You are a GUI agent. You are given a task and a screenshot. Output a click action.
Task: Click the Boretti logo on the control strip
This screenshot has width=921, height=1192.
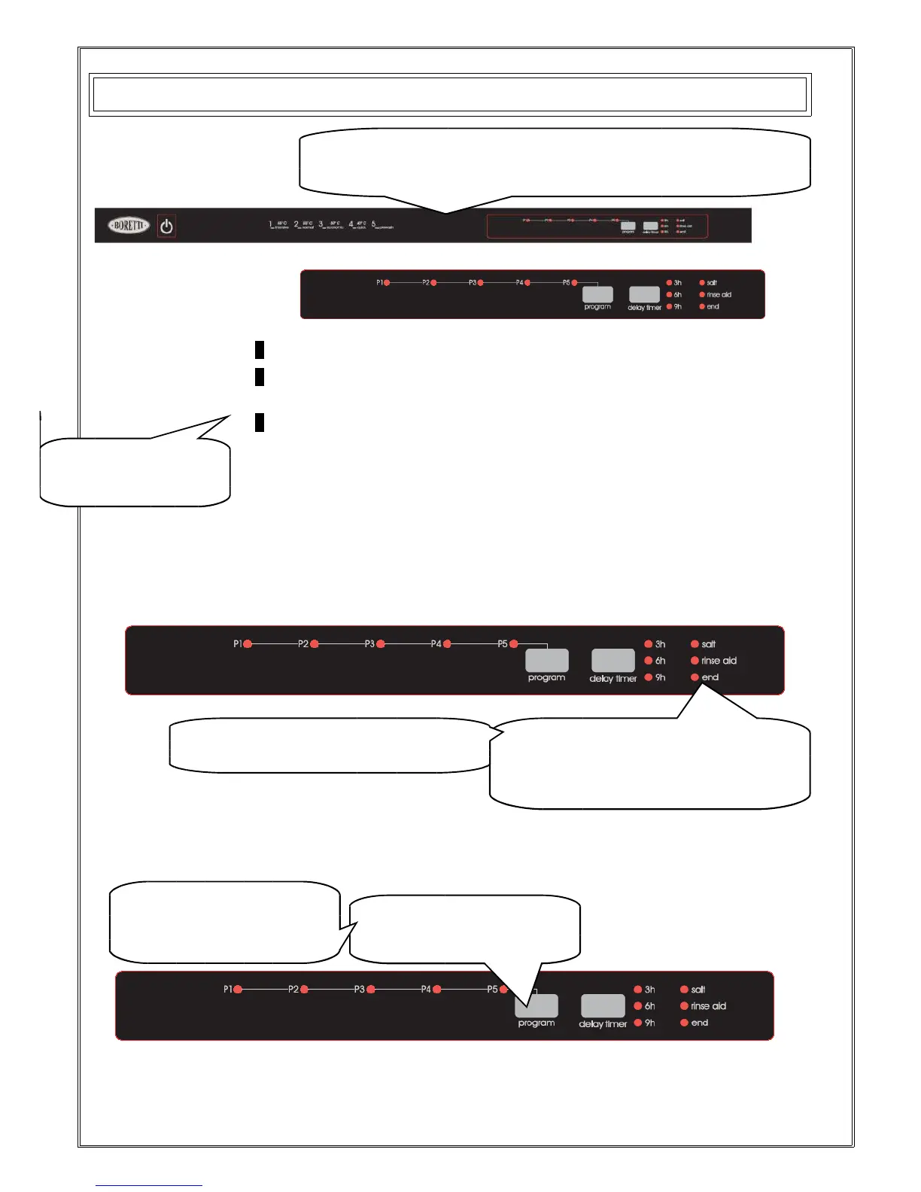point(129,225)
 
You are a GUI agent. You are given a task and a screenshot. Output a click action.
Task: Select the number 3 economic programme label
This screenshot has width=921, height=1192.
point(330,225)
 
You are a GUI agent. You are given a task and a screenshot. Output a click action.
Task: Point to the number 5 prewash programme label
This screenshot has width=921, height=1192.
point(382,225)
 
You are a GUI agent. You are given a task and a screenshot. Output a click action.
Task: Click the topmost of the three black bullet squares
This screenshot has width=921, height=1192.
point(259,349)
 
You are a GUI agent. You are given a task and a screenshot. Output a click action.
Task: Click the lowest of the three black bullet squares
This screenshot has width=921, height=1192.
point(259,422)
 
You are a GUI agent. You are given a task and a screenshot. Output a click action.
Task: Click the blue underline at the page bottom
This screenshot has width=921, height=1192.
point(149,1186)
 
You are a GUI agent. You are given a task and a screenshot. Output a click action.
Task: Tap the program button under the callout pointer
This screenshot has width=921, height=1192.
point(536,1006)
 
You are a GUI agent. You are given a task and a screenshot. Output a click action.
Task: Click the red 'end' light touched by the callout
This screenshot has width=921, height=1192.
point(695,677)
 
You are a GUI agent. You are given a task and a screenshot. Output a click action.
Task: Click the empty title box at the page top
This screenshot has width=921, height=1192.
point(450,95)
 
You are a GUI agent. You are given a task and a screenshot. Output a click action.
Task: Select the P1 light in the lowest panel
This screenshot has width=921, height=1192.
point(237,990)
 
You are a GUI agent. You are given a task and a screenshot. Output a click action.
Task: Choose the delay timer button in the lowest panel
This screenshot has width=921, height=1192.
point(603,1006)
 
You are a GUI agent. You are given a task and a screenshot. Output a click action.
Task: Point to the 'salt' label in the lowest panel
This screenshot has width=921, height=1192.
point(698,990)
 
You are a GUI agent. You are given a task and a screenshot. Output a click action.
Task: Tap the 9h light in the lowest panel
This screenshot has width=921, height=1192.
point(638,1023)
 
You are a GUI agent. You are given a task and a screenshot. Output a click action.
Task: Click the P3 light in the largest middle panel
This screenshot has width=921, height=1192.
point(381,644)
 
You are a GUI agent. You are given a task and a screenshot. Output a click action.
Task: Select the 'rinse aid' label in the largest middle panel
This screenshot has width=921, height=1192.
point(719,661)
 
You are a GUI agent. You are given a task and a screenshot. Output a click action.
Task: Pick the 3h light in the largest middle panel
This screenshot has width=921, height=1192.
point(649,644)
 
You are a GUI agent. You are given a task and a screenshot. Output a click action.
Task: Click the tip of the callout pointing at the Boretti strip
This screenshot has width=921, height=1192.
point(446,213)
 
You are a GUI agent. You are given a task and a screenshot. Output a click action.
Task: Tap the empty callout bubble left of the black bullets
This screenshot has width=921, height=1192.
point(135,472)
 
